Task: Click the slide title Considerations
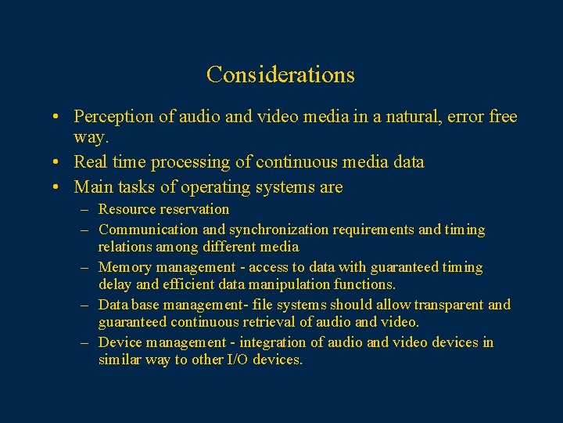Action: click(281, 74)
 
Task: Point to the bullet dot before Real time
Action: click(58, 163)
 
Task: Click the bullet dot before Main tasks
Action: click(58, 187)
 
